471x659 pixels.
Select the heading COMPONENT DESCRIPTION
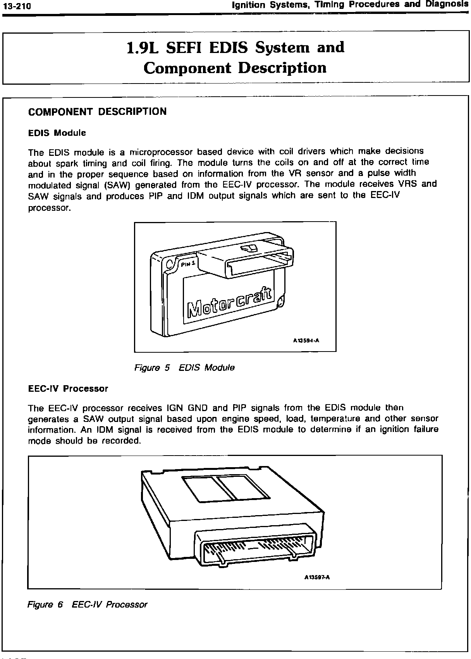(97, 112)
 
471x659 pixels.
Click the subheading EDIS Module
(57, 133)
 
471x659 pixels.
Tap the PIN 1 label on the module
(189, 263)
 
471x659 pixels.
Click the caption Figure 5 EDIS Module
(184, 367)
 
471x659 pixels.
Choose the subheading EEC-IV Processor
(68, 388)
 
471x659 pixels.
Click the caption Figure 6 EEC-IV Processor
(88, 604)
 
